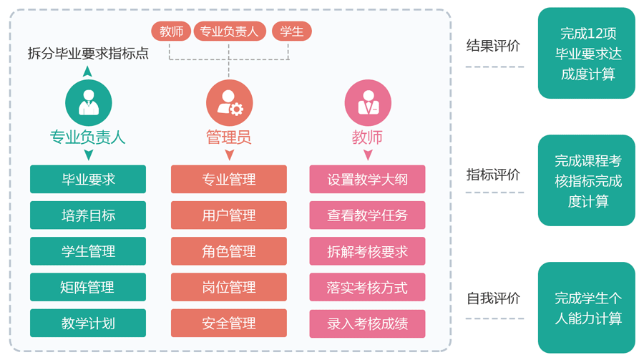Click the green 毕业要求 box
88,179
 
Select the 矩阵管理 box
88,287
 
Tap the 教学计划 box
88,323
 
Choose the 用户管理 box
229,215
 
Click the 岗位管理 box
229,287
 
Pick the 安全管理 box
229,323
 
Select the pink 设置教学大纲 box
368,179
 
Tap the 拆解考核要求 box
368,251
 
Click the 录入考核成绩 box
368,323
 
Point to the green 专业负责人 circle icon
89,102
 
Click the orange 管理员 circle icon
229,102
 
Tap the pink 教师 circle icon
368,102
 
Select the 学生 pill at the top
292,31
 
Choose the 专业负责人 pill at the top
229,31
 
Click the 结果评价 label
493,46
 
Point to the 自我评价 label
493,298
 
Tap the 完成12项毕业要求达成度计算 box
587,53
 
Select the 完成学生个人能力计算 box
587,308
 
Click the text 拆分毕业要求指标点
88,52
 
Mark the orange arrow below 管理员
229,155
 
